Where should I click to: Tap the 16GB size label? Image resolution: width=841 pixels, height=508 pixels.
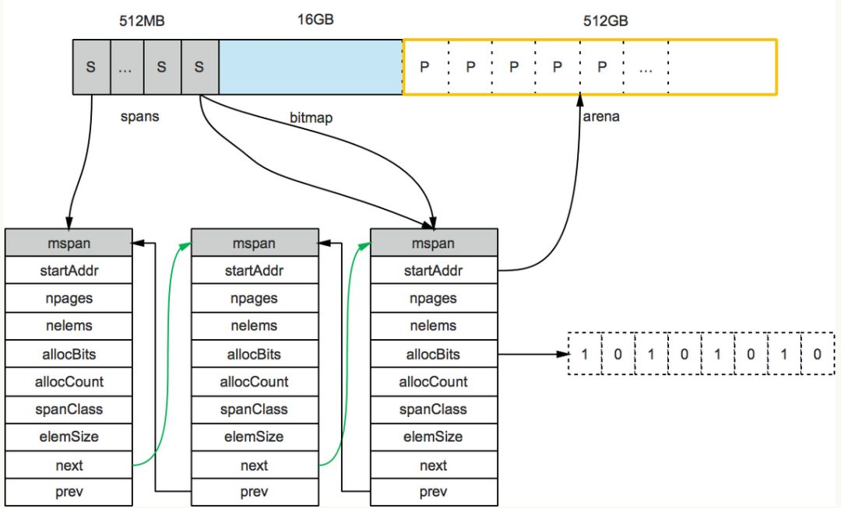point(315,19)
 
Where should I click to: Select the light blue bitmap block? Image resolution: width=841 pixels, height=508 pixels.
point(311,68)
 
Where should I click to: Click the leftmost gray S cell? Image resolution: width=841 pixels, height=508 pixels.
point(90,68)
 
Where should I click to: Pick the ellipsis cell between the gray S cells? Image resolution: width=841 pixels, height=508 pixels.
point(125,68)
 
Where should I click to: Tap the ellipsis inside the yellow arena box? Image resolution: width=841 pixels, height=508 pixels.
point(646,68)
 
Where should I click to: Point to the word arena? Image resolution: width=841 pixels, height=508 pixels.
point(600,117)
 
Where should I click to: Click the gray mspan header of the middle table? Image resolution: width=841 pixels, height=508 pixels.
point(255,243)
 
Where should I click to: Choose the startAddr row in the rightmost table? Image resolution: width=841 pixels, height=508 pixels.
point(434,271)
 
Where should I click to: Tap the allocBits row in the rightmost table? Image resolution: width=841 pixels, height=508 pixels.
point(434,355)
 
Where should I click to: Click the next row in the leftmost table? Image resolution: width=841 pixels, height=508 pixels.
point(69,465)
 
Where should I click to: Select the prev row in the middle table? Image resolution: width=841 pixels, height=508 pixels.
point(255,492)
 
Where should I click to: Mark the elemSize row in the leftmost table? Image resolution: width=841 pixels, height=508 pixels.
point(69,437)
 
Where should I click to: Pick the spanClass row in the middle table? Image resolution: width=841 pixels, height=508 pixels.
point(255,409)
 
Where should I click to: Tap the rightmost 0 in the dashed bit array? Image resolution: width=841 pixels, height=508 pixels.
point(817,355)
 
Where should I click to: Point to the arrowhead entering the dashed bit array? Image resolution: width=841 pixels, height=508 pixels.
point(563,355)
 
